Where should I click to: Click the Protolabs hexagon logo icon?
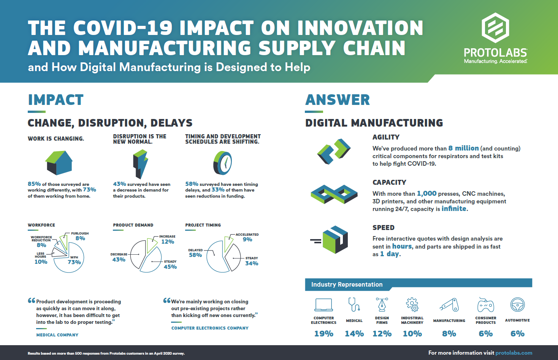495,28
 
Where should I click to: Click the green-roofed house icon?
59,162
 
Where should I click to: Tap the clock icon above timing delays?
223,163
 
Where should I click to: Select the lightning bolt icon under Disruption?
140,164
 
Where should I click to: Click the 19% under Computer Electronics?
323,334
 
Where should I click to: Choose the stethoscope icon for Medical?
354,304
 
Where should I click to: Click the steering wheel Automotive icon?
517,304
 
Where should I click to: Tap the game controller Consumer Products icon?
485,305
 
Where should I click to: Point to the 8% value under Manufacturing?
449,334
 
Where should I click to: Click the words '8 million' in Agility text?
463,148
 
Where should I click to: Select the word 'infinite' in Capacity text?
454,209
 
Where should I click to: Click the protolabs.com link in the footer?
514,353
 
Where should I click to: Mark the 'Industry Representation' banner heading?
347,284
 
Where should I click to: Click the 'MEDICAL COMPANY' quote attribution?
57,335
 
